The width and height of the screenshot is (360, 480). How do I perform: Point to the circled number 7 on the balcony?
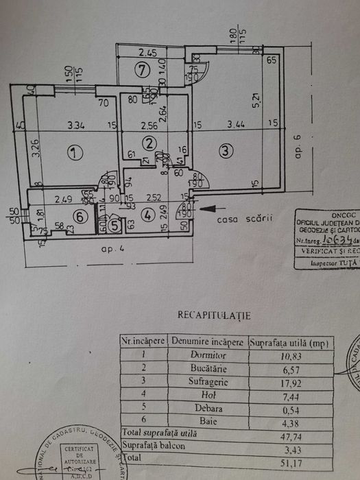[x=142, y=69]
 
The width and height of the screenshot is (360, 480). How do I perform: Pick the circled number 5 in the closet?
[x=115, y=224]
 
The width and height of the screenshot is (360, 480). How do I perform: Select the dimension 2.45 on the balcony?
[x=148, y=51]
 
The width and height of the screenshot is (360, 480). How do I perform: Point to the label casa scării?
[x=236, y=219]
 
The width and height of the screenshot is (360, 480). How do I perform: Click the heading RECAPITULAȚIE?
[x=214, y=316]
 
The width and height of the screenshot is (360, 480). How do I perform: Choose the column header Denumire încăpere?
[x=208, y=341]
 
